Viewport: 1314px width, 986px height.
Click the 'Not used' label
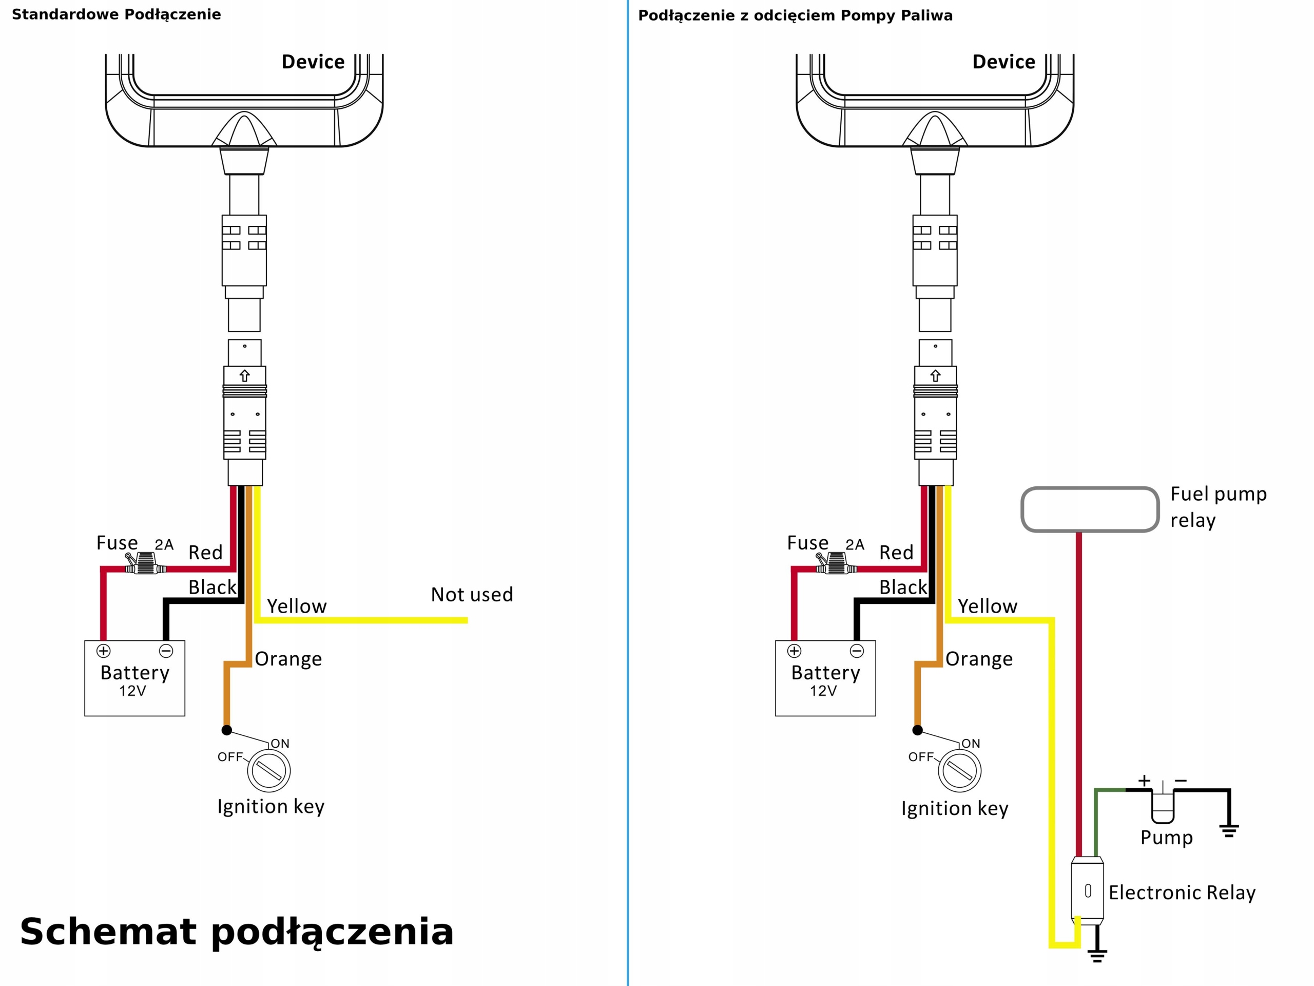(x=472, y=594)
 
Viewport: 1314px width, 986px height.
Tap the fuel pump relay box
(x=1090, y=509)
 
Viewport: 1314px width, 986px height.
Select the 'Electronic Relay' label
(x=1182, y=892)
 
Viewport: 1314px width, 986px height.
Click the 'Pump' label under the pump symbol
(x=1166, y=838)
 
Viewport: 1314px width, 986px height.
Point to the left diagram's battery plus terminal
(x=103, y=651)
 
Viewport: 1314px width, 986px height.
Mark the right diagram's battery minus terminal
(x=857, y=651)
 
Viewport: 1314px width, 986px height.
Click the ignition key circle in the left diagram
(x=269, y=770)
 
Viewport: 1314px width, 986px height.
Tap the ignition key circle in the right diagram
(x=959, y=770)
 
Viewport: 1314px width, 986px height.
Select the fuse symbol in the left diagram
(x=146, y=563)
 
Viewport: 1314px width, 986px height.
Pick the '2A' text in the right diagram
(x=855, y=544)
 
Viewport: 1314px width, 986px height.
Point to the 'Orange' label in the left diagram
(x=288, y=659)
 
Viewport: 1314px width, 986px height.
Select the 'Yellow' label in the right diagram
(x=987, y=606)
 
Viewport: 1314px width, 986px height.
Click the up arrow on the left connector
(x=245, y=375)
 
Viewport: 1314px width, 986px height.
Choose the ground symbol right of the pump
(x=1229, y=830)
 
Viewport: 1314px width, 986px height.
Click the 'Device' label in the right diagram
(x=1003, y=62)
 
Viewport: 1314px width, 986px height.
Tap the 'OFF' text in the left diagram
(x=230, y=756)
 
